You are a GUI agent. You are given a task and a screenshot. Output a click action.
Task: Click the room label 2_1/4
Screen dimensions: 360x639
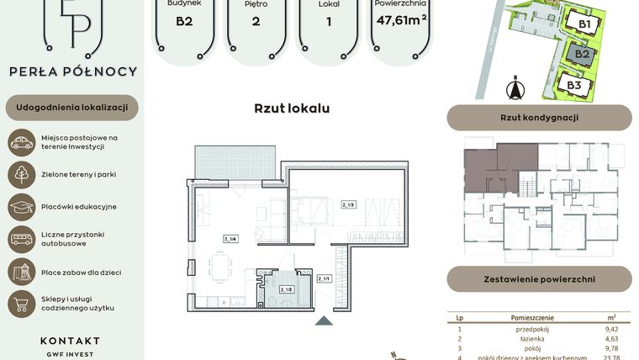pos(230,238)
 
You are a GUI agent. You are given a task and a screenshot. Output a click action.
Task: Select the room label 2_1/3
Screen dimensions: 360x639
pos(348,204)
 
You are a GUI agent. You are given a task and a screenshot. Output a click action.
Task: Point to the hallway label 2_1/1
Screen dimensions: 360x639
pos(325,278)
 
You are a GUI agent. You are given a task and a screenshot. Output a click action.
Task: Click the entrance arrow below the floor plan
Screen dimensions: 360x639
pos(322,320)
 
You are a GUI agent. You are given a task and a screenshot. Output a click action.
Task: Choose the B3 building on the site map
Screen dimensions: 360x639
pos(575,84)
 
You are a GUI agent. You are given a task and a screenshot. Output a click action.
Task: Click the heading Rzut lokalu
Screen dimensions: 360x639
pos(292,109)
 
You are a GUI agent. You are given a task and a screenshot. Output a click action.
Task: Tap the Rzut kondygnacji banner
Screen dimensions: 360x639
pos(539,118)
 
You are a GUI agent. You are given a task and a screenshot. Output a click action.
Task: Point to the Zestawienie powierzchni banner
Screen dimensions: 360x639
pos(539,278)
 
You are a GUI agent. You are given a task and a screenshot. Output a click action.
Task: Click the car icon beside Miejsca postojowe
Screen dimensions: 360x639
pos(21,142)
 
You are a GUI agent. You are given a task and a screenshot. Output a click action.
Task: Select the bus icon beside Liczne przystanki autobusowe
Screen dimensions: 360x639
pos(21,239)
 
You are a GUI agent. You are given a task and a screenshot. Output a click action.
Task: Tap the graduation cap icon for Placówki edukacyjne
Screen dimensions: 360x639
pos(21,206)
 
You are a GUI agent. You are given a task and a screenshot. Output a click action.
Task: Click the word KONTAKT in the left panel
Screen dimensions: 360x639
pos(70,341)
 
